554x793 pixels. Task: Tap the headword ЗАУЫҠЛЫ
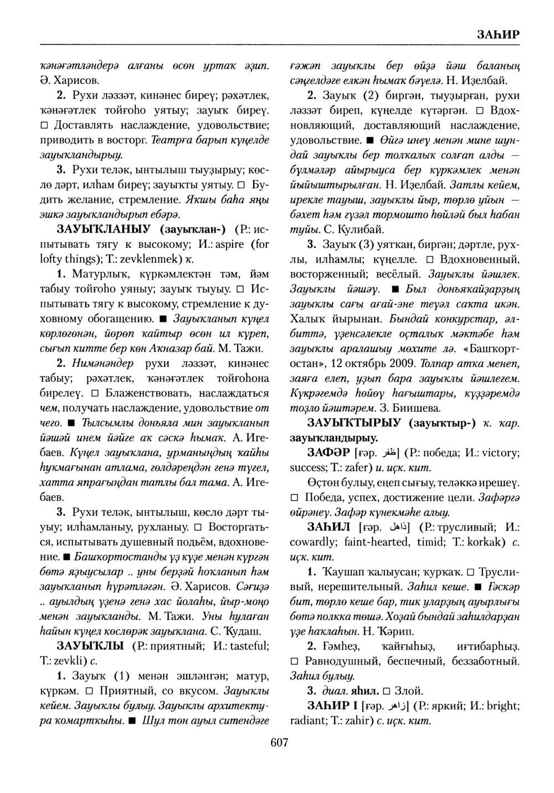point(90,646)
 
